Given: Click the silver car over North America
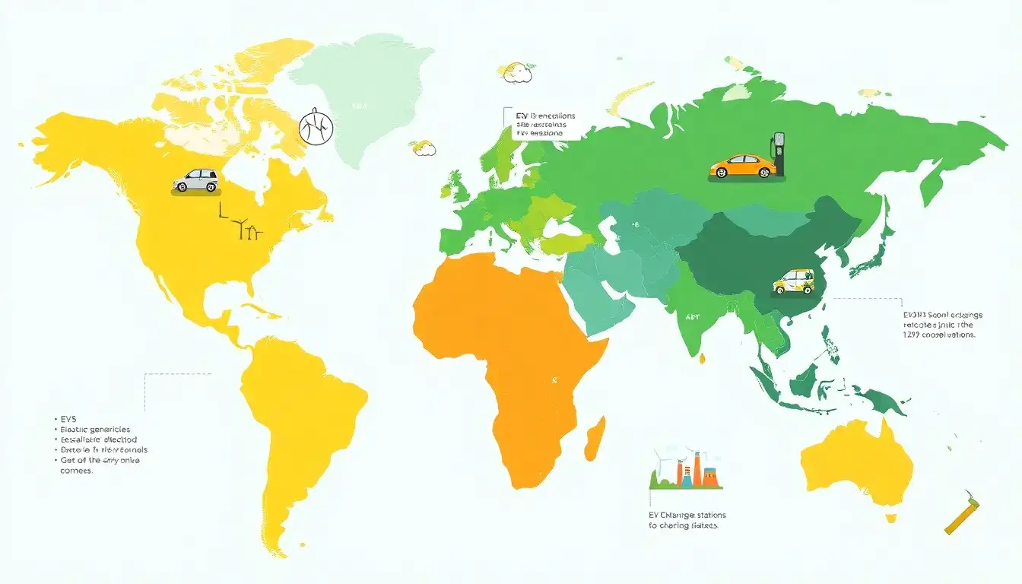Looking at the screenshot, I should pyautogui.click(x=195, y=180).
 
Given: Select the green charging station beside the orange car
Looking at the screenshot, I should pyautogui.click(x=778, y=156).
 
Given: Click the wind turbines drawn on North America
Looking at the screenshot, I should pyautogui.click(x=247, y=228).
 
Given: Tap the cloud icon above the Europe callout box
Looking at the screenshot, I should pyautogui.click(x=516, y=71).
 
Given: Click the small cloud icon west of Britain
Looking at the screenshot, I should pyautogui.click(x=423, y=148).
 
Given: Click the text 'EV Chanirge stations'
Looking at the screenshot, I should pyautogui.click(x=682, y=515).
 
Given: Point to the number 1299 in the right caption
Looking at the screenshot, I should pyautogui.click(x=912, y=335).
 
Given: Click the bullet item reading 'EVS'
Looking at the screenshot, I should pyautogui.click(x=71, y=419).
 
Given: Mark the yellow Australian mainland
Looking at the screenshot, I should pyautogui.click(x=855, y=464).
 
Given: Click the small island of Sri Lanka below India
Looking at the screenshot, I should pyautogui.click(x=703, y=357).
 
